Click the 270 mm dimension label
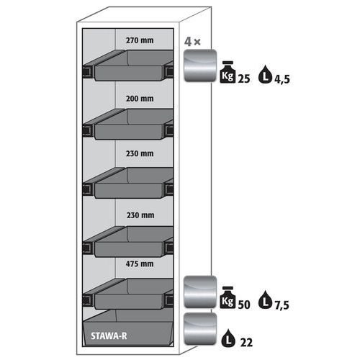tap(140, 40)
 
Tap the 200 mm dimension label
tap(140, 99)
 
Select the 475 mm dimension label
tap(140, 264)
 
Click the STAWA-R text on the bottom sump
tap(109, 336)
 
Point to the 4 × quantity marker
tap(192, 42)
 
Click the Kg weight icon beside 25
tap(228, 72)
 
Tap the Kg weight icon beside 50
tap(228, 297)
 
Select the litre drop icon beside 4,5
tap(265, 74)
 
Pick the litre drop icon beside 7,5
tap(265, 300)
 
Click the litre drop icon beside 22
tap(228, 338)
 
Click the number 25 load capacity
tap(244, 78)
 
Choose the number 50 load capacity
tap(244, 305)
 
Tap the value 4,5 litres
tap(282, 79)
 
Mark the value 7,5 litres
tap(282, 305)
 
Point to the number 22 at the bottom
tap(246, 343)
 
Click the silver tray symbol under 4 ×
tap(200, 66)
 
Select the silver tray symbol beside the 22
tap(200, 329)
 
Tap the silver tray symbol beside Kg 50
tap(200, 292)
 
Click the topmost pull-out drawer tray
tap(130, 66)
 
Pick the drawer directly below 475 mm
tap(130, 294)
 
